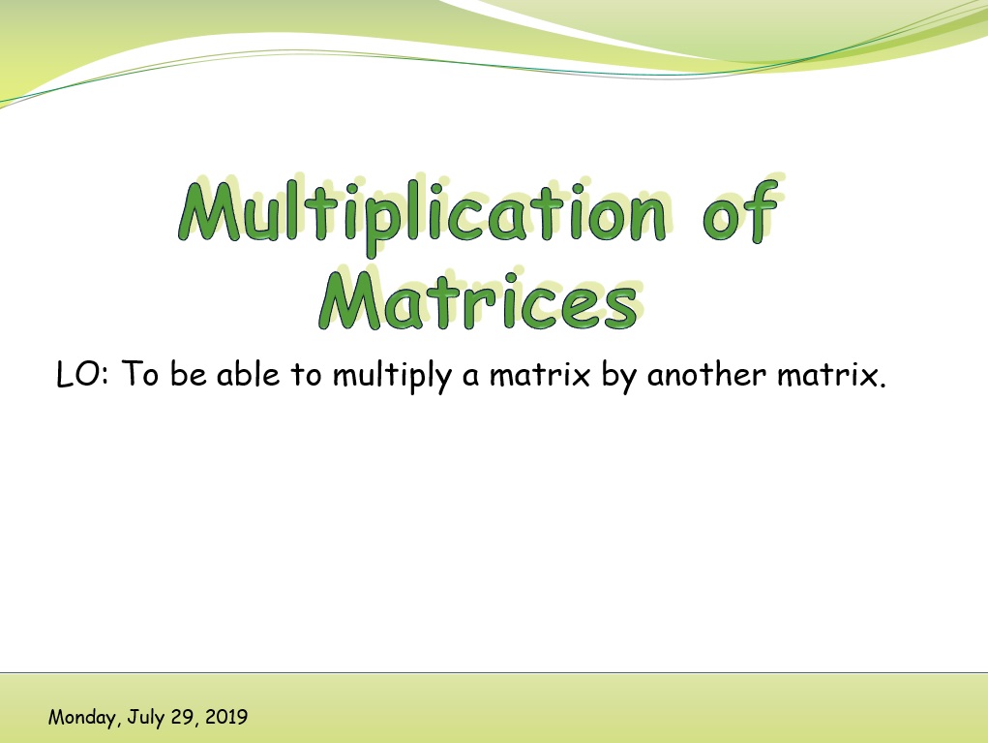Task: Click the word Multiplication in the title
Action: (422, 214)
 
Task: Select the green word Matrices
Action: (478, 302)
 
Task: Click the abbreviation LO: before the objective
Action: (82, 374)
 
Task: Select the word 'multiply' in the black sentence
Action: (392, 376)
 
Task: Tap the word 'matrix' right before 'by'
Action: (540, 375)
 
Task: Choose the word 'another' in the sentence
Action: (706, 374)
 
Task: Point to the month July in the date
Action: (146, 718)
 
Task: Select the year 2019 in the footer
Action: (226, 717)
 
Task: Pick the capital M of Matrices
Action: (350, 300)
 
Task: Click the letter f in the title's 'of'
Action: (763, 211)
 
